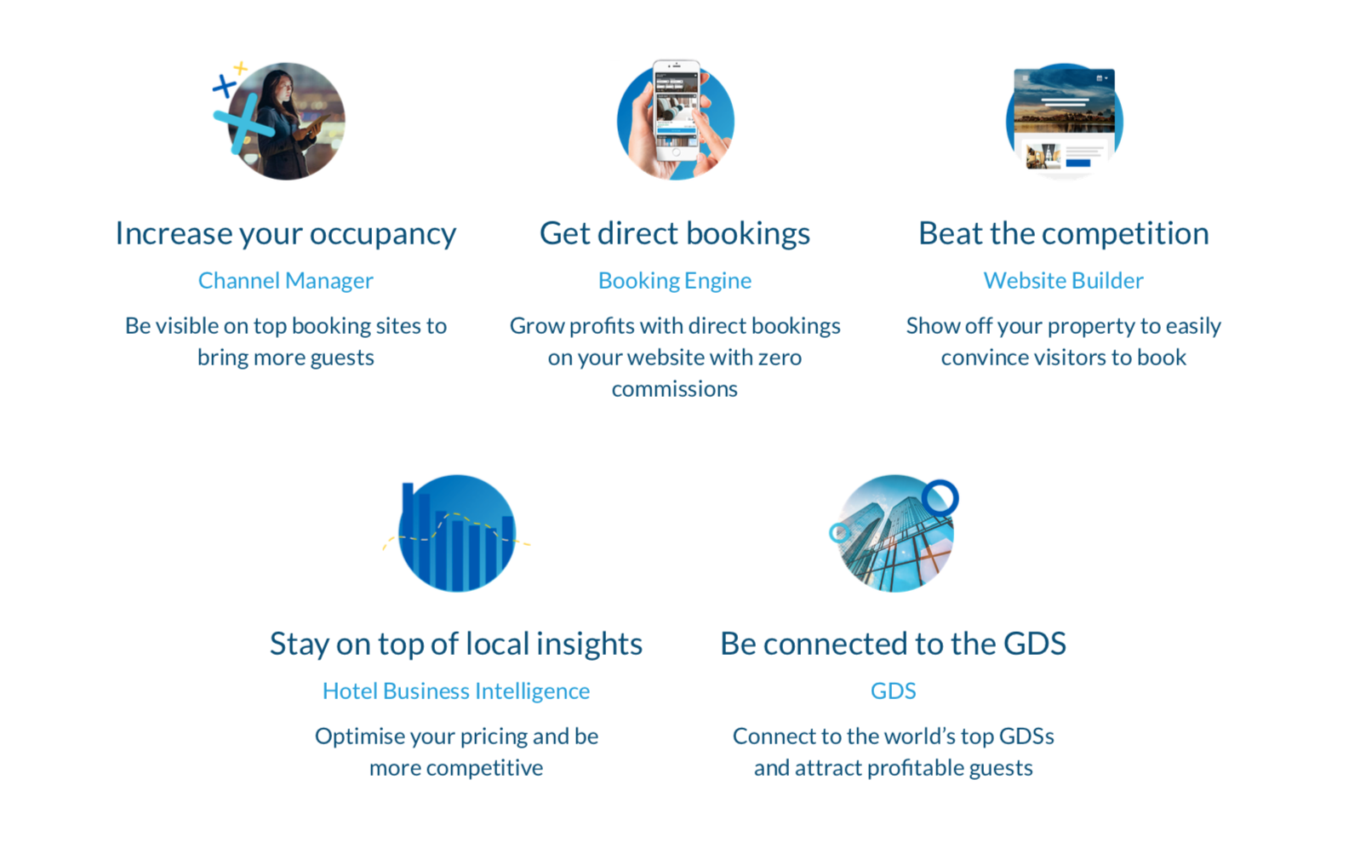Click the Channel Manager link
pos(285,281)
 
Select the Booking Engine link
pos(674,281)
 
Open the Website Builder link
pos(1064,281)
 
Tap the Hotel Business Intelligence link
pos(456,691)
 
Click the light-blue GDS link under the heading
pos(893,691)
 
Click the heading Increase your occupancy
pos(285,234)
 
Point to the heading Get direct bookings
pos(674,234)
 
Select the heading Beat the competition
pos(1064,234)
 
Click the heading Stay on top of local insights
pos(456,644)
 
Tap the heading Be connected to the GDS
pos(893,644)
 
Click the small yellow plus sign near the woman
pos(240,68)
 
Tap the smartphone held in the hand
pos(677,110)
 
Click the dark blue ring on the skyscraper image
pos(940,482)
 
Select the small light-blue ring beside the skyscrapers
pos(839,533)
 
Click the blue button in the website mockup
pos(1078,163)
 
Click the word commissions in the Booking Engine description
pos(674,389)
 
